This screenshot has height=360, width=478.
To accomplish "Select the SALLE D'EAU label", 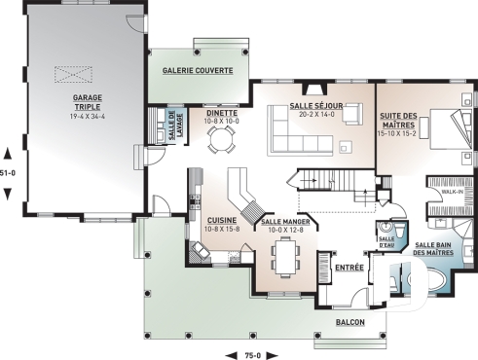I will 386,238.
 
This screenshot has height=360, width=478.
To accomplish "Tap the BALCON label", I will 351,320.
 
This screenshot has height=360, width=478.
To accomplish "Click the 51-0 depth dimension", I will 9,172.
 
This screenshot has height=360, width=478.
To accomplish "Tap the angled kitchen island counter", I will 240,195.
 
